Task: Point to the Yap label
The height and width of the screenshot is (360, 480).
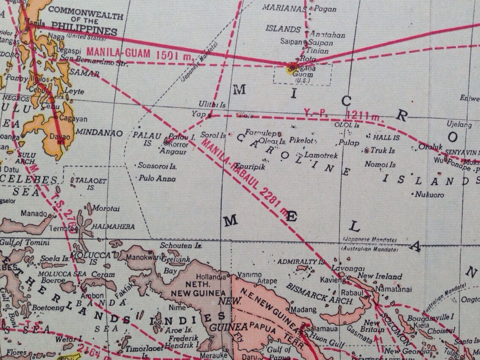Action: click(x=198, y=114)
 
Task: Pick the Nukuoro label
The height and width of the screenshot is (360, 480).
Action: click(x=429, y=195)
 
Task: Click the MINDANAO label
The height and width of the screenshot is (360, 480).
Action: click(x=99, y=133)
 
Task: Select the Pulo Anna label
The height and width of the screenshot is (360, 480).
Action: click(x=157, y=179)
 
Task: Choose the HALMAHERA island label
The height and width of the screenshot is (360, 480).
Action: click(x=114, y=227)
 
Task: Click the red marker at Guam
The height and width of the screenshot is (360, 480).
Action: click(x=292, y=67)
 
